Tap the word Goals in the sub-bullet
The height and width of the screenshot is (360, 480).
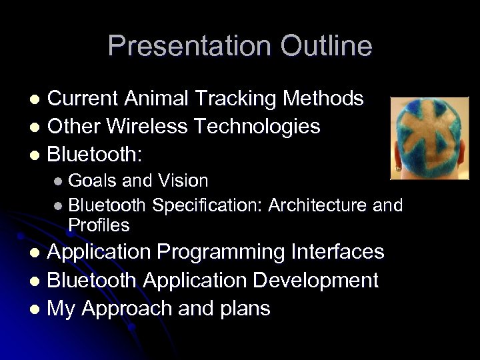(x=91, y=181)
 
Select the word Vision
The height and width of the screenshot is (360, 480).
(x=183, y=181)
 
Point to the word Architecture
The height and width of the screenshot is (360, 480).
(x=318, y=205)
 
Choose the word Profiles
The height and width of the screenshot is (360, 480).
(x=99, y=225)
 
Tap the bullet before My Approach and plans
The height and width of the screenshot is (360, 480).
(x=38, y=309)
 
